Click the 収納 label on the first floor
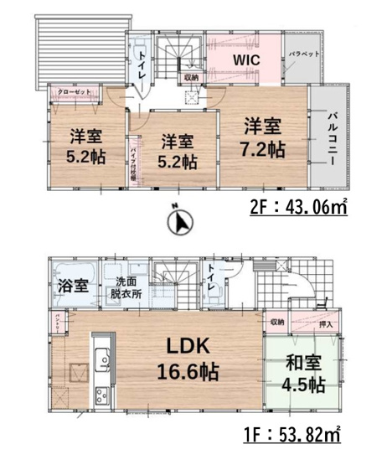277,322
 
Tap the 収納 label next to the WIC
192,78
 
